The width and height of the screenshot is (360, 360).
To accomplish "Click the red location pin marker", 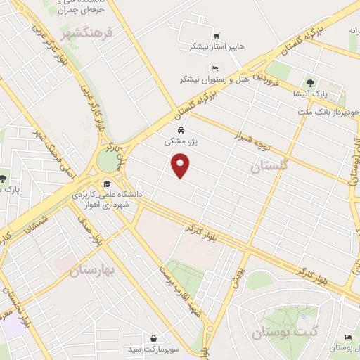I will (x=181, y=167).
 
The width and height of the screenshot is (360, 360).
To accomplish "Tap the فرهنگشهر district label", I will (x=67, y=33).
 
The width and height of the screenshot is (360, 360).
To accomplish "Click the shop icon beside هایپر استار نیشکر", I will (x=215, y=35).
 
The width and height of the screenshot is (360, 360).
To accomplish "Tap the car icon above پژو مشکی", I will (x=181, y=131).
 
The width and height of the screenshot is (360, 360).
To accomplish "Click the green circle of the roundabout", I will (x=108, y=162).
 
